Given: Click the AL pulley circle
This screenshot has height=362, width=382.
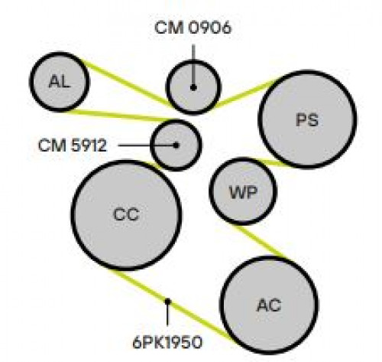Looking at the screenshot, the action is point(60,82).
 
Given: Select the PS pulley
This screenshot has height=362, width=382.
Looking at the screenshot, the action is point(307,119).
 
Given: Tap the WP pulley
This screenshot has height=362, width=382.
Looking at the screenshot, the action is point(243,191).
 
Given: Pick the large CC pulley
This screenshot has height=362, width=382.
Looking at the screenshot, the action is point(126,215).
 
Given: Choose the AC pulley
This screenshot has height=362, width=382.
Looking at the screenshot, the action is point(269,305).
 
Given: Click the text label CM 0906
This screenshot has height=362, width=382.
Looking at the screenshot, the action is point(193,28).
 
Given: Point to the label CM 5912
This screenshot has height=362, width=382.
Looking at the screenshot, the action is point(73,145).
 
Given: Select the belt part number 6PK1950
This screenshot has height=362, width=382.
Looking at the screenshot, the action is point(167,342).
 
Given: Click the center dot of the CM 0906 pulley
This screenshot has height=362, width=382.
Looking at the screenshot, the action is point(193,88).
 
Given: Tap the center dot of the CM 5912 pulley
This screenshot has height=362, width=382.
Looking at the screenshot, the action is point(176,145).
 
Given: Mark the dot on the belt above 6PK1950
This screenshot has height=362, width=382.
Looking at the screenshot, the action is point(167,302).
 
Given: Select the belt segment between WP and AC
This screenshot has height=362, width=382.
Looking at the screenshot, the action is point(261,243).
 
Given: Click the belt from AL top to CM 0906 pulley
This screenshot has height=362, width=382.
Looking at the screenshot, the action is point(128,84).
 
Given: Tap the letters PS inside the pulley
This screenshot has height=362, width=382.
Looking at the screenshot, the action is point(307,120).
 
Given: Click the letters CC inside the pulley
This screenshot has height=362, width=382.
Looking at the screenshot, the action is point(126,214).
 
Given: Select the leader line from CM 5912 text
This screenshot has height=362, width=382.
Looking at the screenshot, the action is point(147,145).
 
